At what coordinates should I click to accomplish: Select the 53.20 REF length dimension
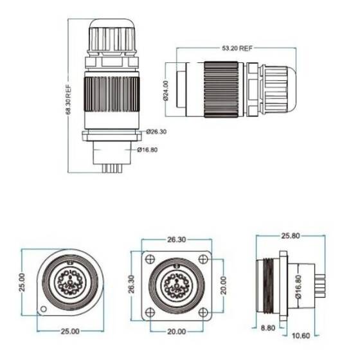pos(237,48)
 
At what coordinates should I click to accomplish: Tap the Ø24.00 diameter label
pos(166,91)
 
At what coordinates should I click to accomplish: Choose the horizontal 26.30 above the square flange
pos(177,239)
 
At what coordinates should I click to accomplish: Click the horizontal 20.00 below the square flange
pos(177,332)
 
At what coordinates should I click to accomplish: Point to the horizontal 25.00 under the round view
pos(70,332)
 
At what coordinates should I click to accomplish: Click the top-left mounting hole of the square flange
pos(150,259)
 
